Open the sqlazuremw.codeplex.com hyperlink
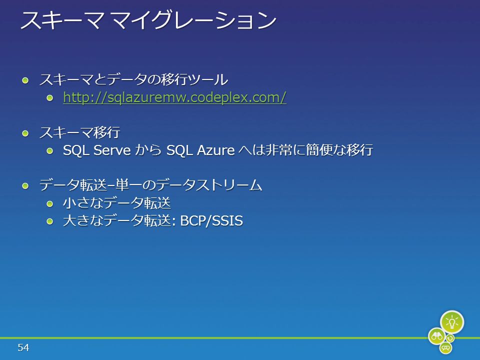click(174, 97)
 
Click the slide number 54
click(23, 347)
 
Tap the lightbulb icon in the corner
click(452, 322)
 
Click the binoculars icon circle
click(437, 336)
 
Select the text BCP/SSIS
click(211, 220)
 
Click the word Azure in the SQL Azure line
click(216, 150)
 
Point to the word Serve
click(112, 150)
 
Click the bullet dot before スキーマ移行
click(25, 133)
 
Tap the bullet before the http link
click(50, 98)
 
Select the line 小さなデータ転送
click(116, 203)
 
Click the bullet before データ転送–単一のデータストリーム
click(25, 186)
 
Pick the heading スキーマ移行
click(79, 132)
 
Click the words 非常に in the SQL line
click(285, 150)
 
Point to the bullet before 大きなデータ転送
click(50, 221)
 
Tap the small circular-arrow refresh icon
click(450, 338)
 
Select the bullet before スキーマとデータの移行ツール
click(25, 80)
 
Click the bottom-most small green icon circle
click(445, 348)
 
